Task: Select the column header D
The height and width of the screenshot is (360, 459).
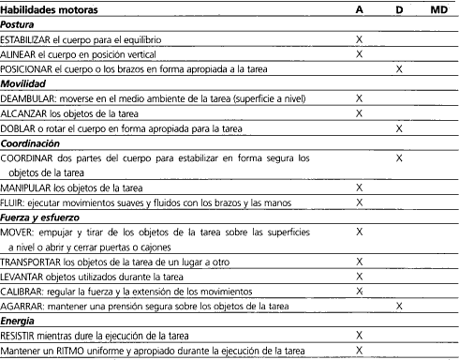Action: [399, 8]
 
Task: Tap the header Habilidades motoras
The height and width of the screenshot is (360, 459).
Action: [50, 8]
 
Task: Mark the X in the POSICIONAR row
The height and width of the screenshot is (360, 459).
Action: [399, 69]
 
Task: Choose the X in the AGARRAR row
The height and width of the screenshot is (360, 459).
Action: [399, 305]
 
